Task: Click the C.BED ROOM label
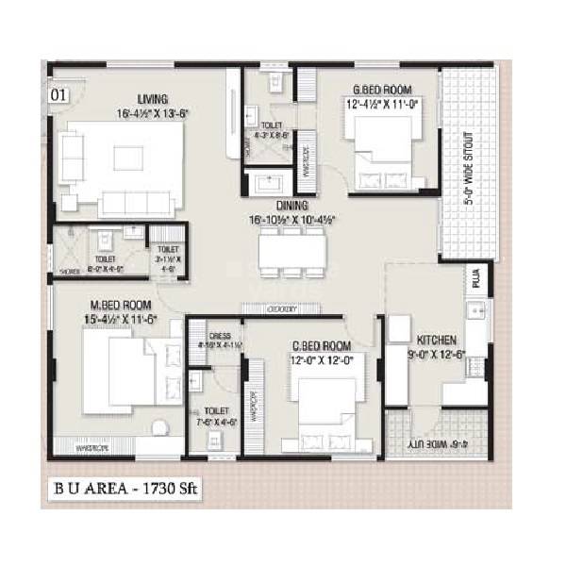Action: (322, 346)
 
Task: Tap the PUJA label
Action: (476, 279)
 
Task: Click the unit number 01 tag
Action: (58, 95)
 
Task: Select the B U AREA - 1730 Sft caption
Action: (125, 489)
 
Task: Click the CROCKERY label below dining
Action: (282, 309)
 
